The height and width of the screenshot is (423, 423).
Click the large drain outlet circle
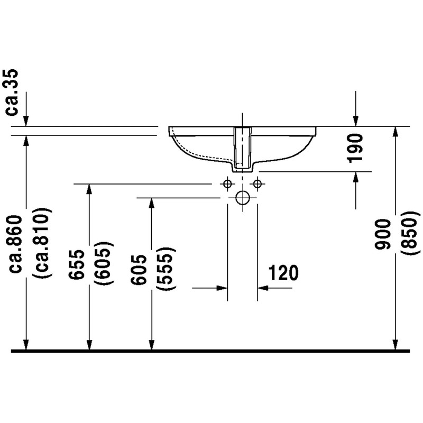[243, 198]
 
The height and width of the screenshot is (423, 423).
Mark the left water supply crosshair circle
[227, 183]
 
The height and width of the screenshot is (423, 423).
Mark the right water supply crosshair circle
[258, 183]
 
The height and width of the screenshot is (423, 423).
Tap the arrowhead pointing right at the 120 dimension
[222, 288]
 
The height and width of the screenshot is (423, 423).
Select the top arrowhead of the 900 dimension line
[396, 132]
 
